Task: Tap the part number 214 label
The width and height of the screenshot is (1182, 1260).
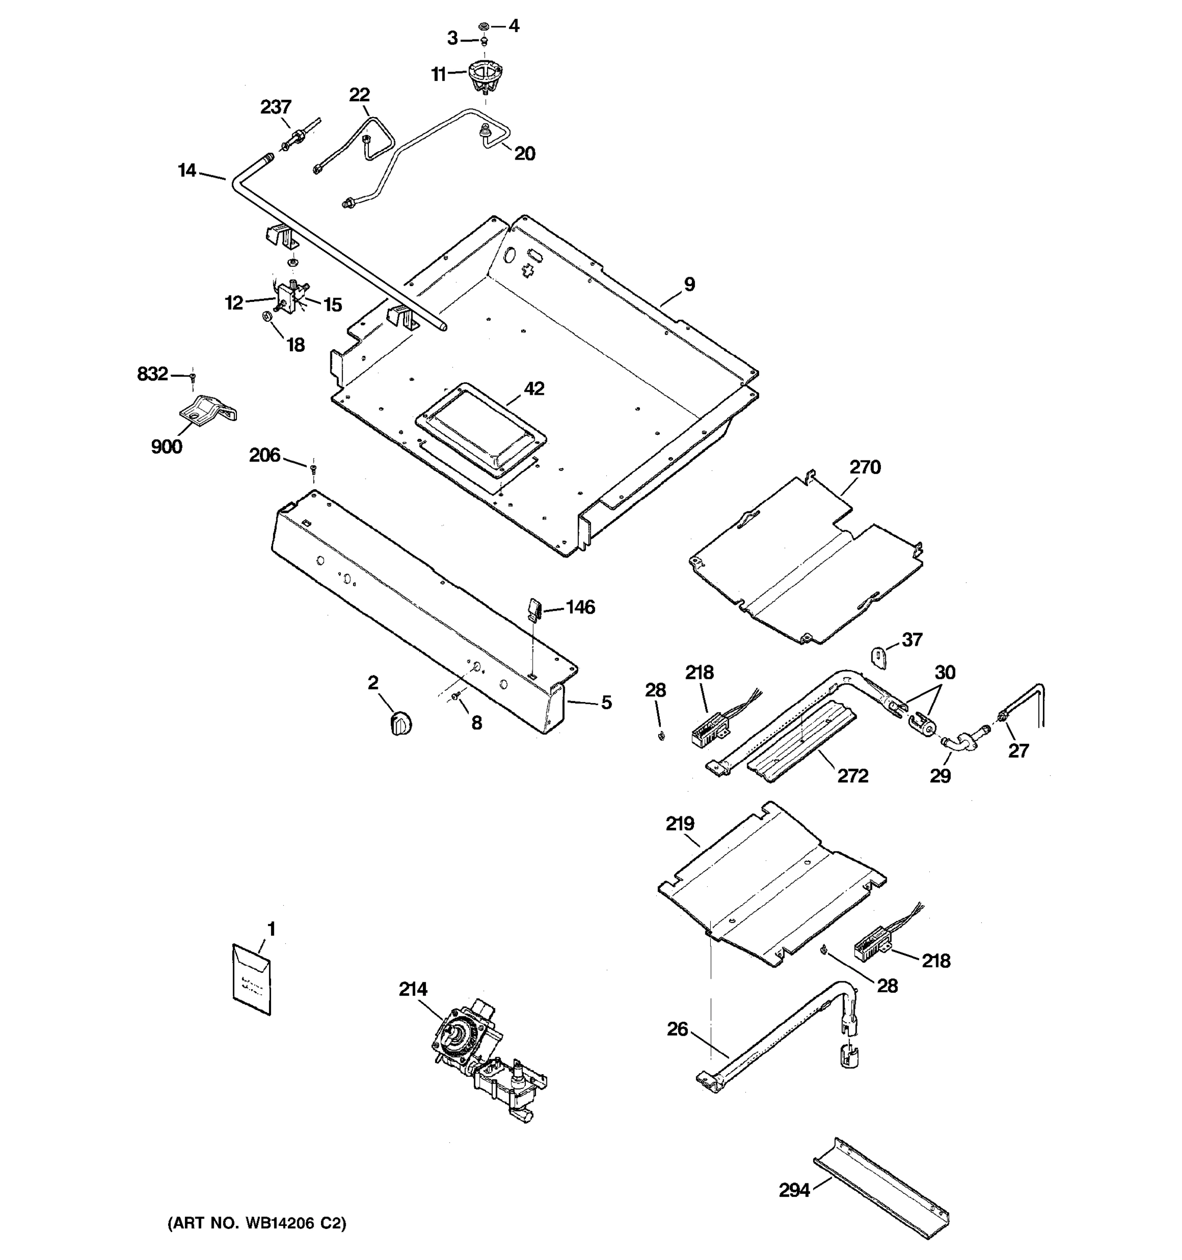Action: coord(413,989)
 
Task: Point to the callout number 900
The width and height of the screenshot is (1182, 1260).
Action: coord(166,447)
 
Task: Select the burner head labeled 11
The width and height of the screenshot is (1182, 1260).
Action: coord(485,75)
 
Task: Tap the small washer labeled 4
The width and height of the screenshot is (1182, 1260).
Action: coord(483,26)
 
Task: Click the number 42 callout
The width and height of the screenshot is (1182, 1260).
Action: coord(534,388)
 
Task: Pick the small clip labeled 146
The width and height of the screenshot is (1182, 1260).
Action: coord(534,609)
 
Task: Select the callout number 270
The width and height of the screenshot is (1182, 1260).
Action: coord(865,467)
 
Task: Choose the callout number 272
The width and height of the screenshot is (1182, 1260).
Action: coord(852,775)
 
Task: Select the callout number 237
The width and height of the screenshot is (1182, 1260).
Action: coord(275,107)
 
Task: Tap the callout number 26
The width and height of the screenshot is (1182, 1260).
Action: coord(677,1028)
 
